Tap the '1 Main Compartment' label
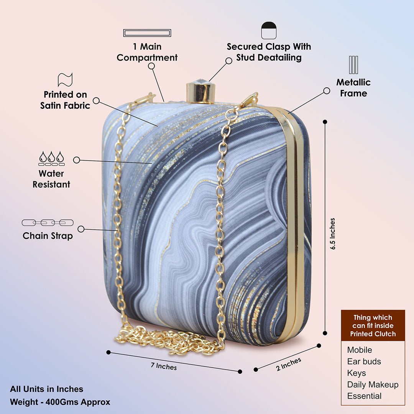tap(147, 52)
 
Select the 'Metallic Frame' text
tap(353, 88)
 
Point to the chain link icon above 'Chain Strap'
tap(48, 223)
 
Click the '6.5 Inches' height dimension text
tap(332, 234)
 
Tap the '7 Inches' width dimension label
tap(164, 366)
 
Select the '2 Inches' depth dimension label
tap(289, 364)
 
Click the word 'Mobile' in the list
tap(360, 350)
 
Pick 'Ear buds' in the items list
tap(364, 361)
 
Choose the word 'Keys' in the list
tap(356, 373)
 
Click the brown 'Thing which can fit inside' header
tap(373, 325)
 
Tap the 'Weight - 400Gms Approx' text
tap(60, 402)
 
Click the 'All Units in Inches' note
tap(46, 389)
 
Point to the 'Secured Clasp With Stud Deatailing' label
tap(269, 52)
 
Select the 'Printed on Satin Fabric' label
tap(65, 100)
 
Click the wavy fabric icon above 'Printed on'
tap(65, 80)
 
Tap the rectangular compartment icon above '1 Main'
tap(147, 33)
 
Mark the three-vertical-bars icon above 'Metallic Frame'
tap(353, 65)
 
